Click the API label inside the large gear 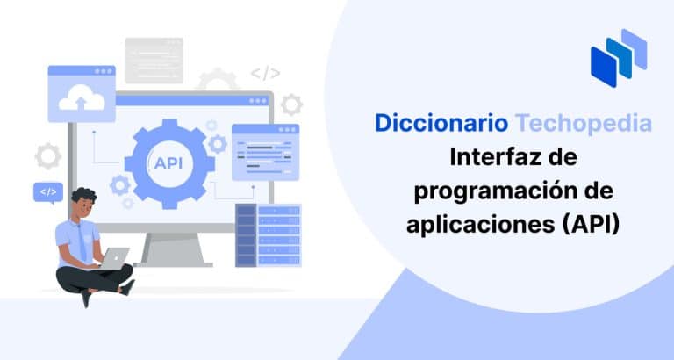[168, 162]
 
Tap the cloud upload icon [82, 101]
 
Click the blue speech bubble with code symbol [47, 191]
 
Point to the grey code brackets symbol [265, 74]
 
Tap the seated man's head [83, 205]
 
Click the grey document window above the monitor [154, 61]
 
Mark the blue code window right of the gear [265, 151]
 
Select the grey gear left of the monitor [48, 156]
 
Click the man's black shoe [85, 299]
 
